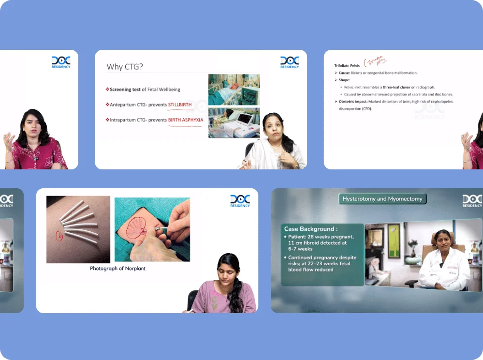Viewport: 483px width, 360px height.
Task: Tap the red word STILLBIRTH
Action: point(180,105)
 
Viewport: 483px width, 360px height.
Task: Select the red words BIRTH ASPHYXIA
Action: point(186,120)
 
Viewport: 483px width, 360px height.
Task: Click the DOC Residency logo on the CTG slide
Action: point(290,62)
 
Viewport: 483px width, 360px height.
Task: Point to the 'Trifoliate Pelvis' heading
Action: point(347,65)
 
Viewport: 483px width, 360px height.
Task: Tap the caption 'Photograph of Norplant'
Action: point(117,268)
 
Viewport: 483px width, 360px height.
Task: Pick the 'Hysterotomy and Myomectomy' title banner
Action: point(382,199)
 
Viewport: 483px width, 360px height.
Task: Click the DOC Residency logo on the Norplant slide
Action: point(240,201)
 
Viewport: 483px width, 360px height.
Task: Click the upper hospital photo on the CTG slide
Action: point(234,90)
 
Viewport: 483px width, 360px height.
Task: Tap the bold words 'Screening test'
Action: point(125,90)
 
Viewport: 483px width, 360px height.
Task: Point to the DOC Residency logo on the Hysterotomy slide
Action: point(472,201)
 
